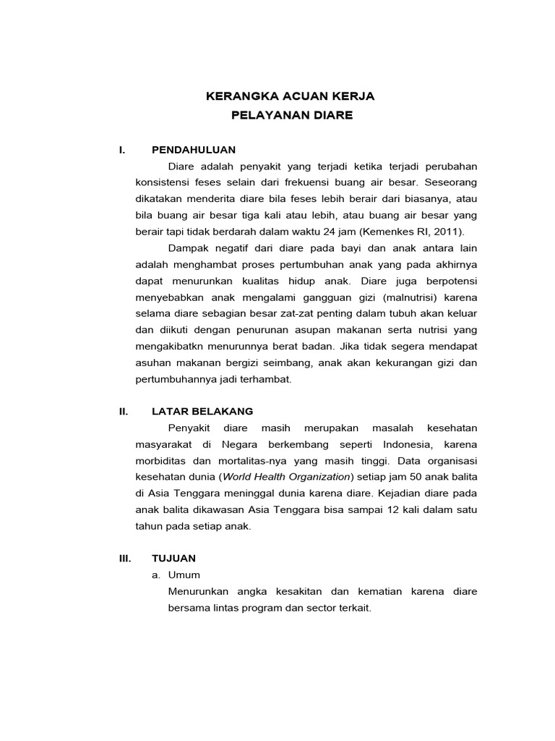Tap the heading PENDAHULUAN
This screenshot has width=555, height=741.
click(194, 150)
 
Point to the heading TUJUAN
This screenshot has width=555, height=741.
click(173, 558)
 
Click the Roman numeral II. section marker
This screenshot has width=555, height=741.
click(124, 411)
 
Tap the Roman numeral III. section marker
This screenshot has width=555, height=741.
click(125, 558)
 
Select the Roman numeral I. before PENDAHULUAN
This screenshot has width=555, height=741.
click(122, 150)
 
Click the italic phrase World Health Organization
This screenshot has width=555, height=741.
click(286, 477)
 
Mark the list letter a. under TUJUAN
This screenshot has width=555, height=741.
click(155, 575)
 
